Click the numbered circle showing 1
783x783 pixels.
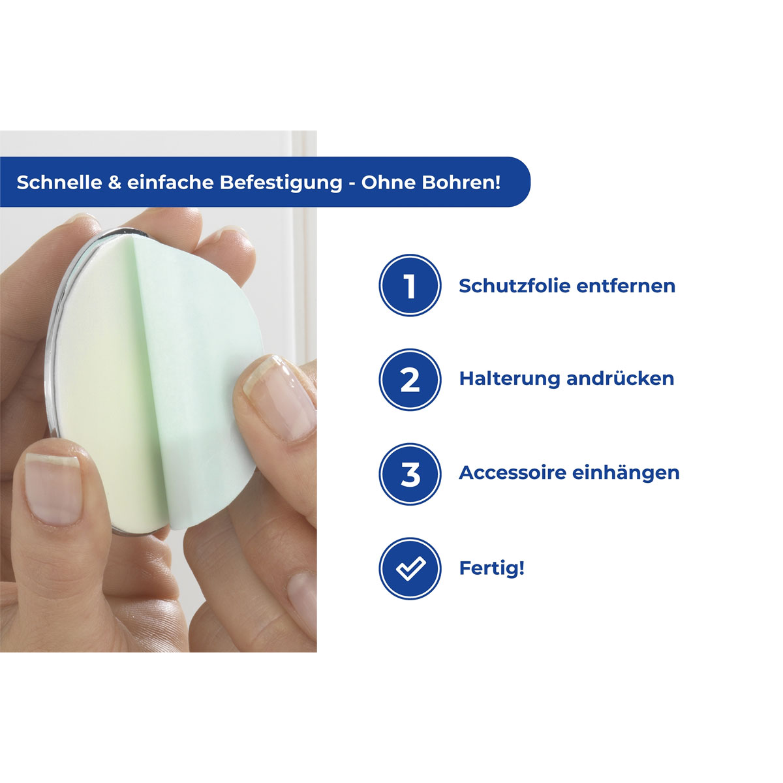point(410,286)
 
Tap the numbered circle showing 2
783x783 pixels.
point(410,380)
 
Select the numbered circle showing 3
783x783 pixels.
point(410,474)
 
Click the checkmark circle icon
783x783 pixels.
point(410,568)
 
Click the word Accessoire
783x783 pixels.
point(512,472)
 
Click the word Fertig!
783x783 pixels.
point(491,568)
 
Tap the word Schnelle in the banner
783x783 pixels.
point(59,182)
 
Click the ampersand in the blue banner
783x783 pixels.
point(115,182)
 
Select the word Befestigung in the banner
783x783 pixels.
point(281,183)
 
